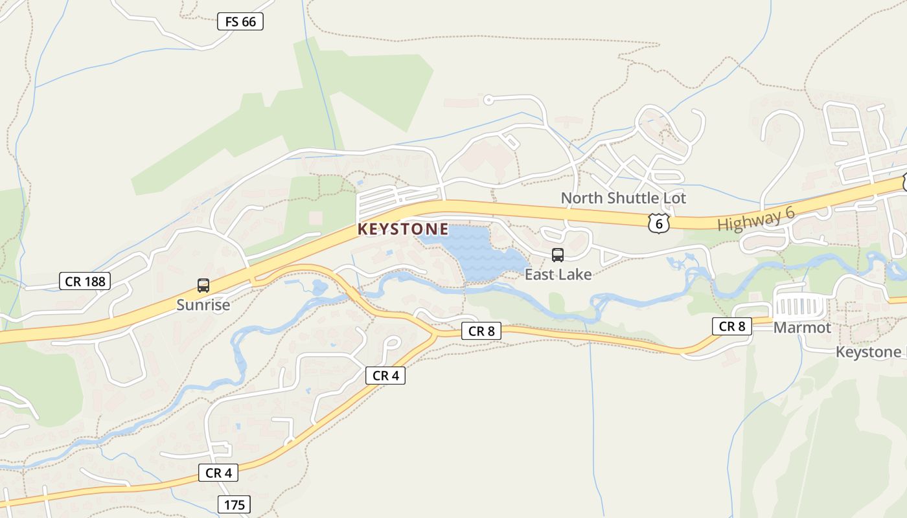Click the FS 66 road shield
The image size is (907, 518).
pyautogui.click(x=240, y=22)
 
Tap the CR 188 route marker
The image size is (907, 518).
pyautogui.click(x=86, y=281)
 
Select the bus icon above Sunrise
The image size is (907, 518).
pyautogui.click(x=203, y=286)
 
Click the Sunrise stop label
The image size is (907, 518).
pyautogui.click(x=203, y=304)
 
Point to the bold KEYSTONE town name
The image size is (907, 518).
pyautogui.click(x=403, y=229)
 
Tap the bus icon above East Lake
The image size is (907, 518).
pyautogui.click(x=557, y=255)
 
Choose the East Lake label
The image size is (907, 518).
pyautogui.click(x=558, y=275)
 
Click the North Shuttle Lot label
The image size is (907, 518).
pyautogui.click(x=623, y=198)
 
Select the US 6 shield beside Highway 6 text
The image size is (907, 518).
pyautogui.click(x=658, y=223)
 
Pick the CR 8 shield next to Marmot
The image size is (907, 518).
pyautogui.click(x=732, y=326)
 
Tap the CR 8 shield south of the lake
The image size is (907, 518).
pyautogui.click(x=481, y=332)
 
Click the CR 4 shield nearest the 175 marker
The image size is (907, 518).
pyautogui.click(x=218, y=473)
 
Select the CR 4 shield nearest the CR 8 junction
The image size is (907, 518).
pyautogui.click(x=385, y=376)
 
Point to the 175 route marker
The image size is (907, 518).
pyautogui.click(x=234, y=504)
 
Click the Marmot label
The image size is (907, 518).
pyautogui.click(x=802, y=328)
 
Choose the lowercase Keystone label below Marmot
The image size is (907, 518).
pyautogui.click(x=868, y=352)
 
